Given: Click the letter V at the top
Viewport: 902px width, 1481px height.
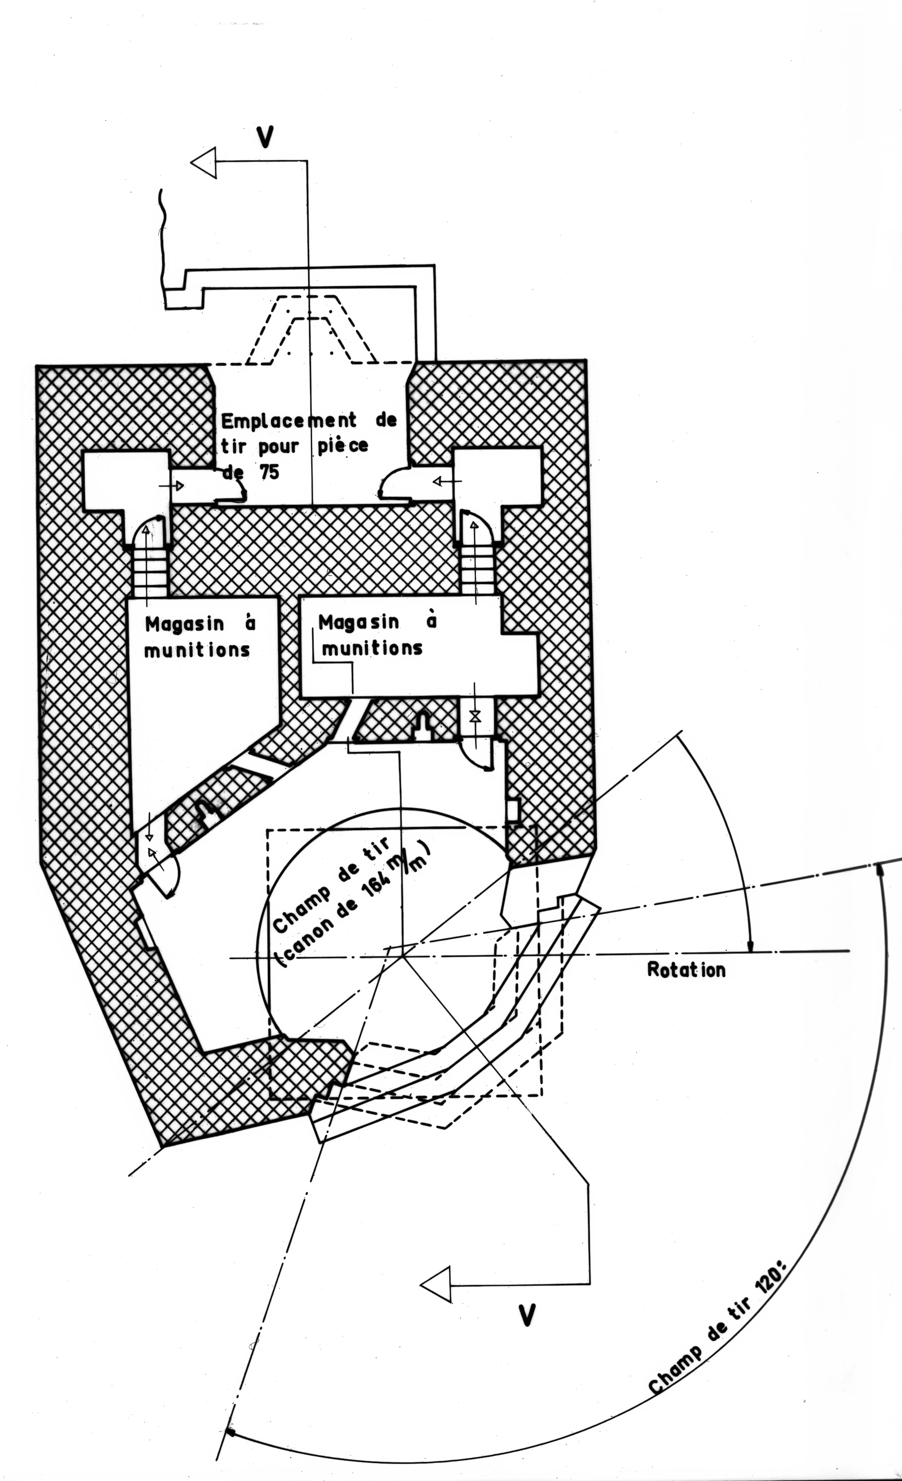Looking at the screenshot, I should coord(264,137).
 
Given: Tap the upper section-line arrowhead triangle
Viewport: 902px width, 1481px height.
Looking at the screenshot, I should coord(204,162).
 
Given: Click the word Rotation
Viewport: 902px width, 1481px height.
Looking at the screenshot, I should coord(686,970).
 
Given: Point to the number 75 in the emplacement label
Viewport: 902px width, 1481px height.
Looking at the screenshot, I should coord(269,472).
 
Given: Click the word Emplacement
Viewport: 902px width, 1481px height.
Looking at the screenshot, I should coord(289,420).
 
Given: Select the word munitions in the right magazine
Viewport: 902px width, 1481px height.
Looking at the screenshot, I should coord(372,648).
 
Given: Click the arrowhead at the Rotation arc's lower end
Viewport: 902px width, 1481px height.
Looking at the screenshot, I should coord(750,947).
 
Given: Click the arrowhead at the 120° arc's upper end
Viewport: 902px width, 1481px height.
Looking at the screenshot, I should coord(881,869).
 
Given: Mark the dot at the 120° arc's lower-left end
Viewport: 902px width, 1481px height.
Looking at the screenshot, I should coord(230,1428).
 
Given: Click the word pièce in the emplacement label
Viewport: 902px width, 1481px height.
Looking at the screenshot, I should coord(342,447).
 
